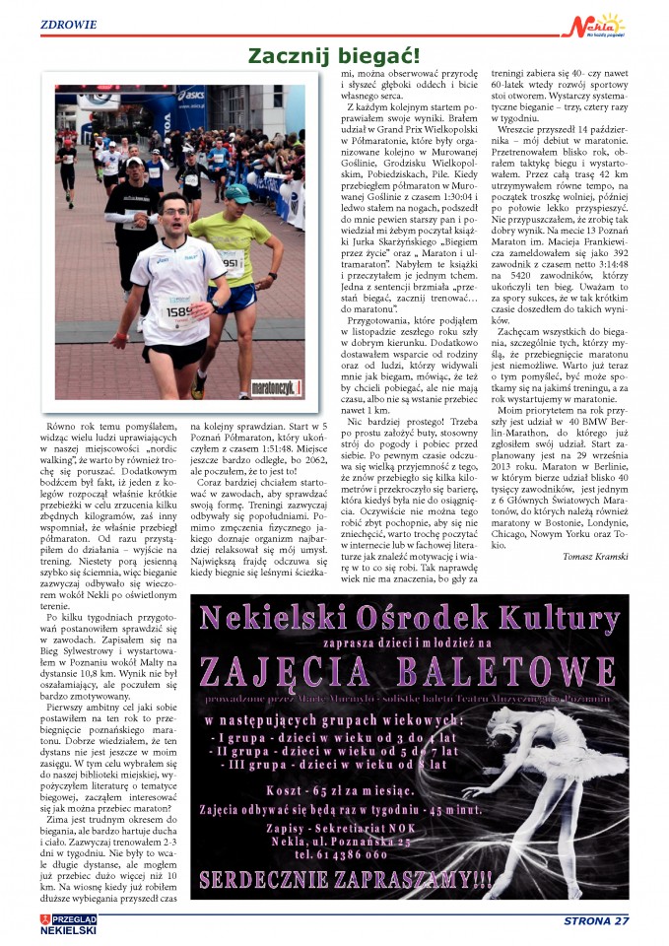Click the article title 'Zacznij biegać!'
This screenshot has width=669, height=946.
click(333, 56)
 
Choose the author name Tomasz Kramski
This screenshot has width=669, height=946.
click(603, 558)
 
